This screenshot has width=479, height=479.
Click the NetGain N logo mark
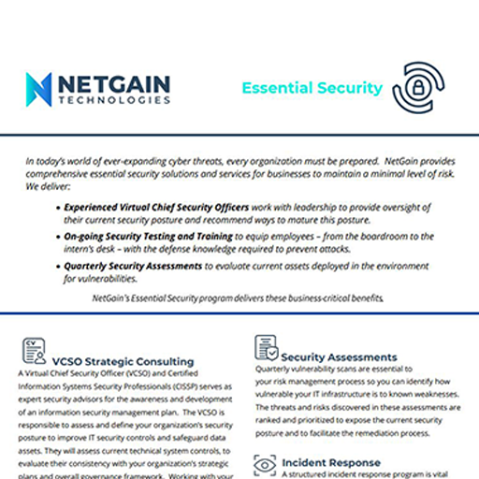(x=38, y=89)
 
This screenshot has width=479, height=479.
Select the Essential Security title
(x=312, y=88)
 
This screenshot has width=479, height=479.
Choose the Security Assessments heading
(x=339, y=356)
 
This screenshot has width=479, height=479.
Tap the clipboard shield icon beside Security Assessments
(x=266, y=348)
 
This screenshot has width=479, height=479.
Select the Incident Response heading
(x=330, y=462)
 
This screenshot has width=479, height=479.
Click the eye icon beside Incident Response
(x=266, y=462)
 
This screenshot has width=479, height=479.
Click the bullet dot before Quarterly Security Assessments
(x=59, y=267)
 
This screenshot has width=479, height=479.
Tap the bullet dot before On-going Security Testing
(x=59, y=239)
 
